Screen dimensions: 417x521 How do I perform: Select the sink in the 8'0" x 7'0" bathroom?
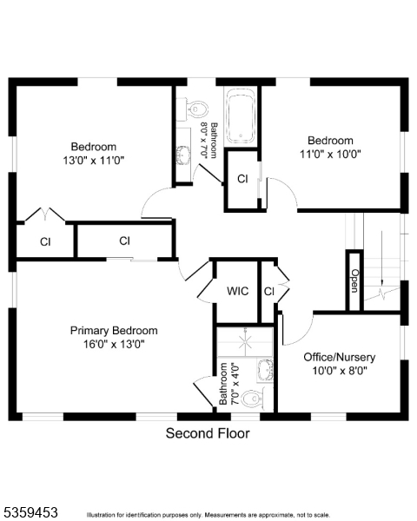point(183,155)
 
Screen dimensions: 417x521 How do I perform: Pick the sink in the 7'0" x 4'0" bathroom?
point(265,369)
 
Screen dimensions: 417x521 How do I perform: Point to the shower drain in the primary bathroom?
point(245,343)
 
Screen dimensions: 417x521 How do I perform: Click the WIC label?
point(237,291)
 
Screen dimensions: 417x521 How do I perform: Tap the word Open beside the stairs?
point(354,280)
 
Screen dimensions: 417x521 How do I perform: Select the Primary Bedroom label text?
point(114,331)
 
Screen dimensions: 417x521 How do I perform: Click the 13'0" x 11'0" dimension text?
point(94,161)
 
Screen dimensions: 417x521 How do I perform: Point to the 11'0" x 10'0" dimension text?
point(330,155)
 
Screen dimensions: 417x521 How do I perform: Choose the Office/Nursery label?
point(340,357)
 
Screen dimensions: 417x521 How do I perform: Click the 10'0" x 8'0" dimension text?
point(340,371)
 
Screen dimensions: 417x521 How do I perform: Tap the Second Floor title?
point(208,433)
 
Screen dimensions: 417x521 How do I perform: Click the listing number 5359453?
point(30,512)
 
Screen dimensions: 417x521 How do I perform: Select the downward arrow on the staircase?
point(381,258)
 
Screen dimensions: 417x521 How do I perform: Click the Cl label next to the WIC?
point(269,292)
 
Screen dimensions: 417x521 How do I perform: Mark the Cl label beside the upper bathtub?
point(242,179)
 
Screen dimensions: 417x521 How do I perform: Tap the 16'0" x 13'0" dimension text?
point(114,344)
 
